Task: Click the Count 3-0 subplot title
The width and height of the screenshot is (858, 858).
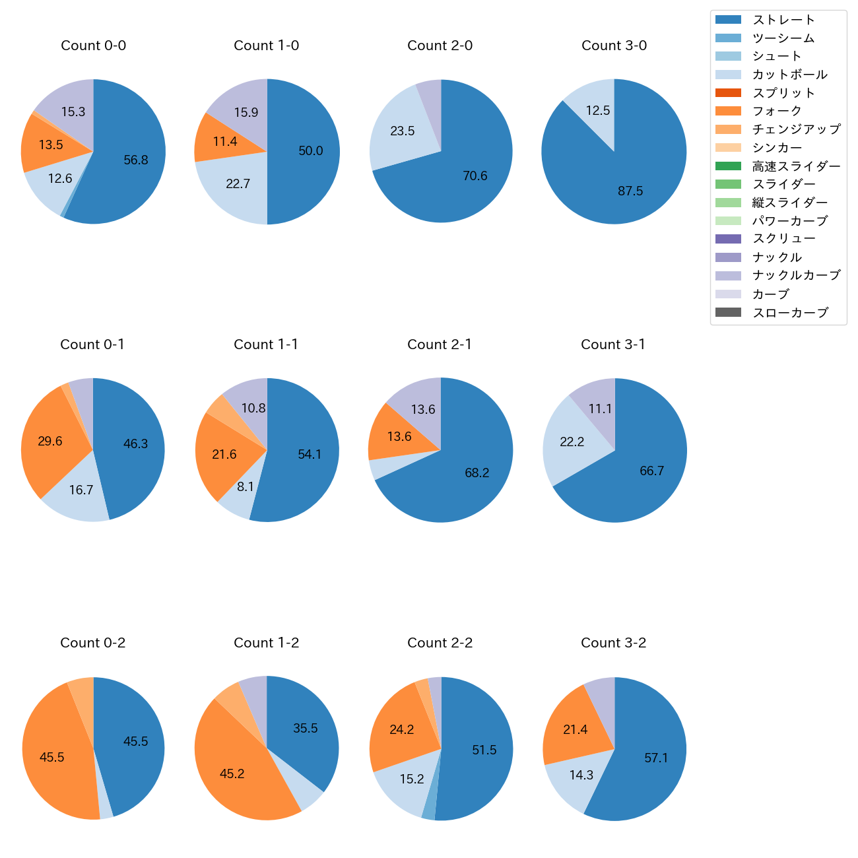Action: coord(614,46)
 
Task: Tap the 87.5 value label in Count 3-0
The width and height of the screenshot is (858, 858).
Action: coord(630,191)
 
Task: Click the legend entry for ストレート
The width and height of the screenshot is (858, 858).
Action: coord(783,20)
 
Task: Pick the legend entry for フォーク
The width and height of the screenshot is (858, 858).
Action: coord(777,111)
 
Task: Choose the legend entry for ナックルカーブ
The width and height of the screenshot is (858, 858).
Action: coord(796,275)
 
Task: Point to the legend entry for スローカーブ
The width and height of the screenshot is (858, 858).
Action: coord(790,313)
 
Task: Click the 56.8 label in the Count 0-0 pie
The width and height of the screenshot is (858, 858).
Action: coord(136,160)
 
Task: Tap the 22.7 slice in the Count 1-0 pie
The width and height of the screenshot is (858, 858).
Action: coord(234,188)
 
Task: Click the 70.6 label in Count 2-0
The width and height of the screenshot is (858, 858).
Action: coord(475,176)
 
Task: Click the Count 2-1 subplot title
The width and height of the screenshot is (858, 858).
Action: coord(440,345)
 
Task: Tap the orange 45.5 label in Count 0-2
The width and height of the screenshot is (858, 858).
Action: coord(52,757)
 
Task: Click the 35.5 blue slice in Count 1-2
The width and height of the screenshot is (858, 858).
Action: coord(305,726)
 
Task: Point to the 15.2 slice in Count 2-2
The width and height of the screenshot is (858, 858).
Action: coord(406,782)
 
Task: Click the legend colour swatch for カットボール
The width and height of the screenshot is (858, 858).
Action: coord(728,75)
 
